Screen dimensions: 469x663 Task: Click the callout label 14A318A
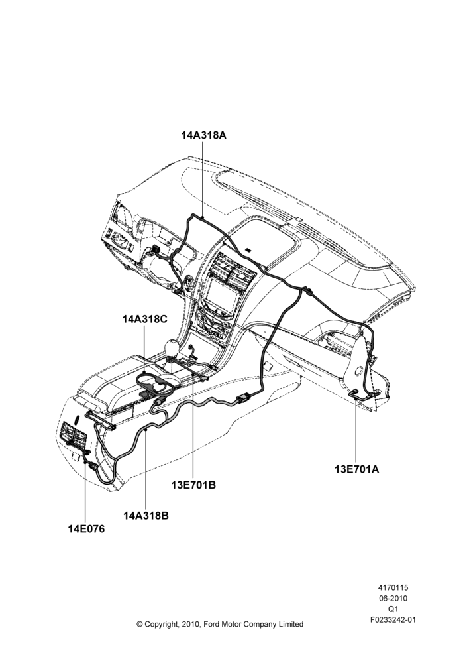[x=204, y=135]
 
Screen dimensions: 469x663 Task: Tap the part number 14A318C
[x=145, y=320]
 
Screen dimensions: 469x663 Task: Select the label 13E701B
[x=193, y=485]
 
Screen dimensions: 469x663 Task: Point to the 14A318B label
[x=146, y=516]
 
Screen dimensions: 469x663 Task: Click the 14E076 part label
[x=86, y=528]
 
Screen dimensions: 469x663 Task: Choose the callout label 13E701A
[x=357, y=469]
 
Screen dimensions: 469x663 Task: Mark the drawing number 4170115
[x=393, y=587]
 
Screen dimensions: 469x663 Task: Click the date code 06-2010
[x=393, y=598]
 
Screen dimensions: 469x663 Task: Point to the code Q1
[x=393, y=609]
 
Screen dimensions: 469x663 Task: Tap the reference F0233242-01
[x=393, y=620]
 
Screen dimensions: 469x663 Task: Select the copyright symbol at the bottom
[x=139, y=624]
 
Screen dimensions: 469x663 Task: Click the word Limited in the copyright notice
[x=291, y=624]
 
